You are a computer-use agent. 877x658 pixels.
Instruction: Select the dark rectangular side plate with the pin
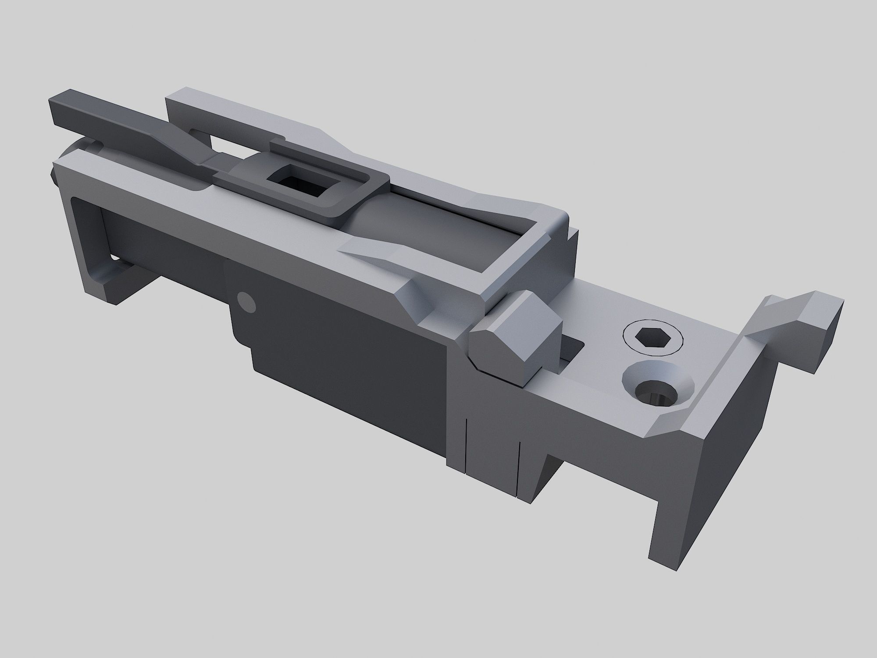[342, 351]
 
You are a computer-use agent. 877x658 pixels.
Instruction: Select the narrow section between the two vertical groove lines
[492, 452]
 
